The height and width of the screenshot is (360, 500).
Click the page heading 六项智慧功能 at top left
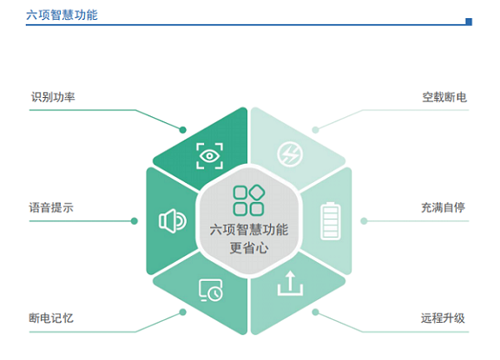(x=62, y=15)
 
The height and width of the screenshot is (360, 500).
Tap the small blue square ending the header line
(x=469, y=22)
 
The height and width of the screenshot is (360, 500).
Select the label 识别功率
(x=53, y=97)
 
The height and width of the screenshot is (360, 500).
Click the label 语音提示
(x=51, y=207)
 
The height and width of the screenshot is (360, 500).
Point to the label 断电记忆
(x=51, y=318)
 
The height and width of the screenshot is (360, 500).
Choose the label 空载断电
(x=444, y=97)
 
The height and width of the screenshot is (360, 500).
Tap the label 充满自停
(x=443, y=207)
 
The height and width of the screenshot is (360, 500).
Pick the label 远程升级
(x=443, y=318)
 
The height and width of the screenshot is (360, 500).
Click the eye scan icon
(x=209, y=156)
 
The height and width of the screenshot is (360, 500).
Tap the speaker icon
(x=173, y=221)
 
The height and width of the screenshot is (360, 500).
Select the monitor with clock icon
(x=210, y=291)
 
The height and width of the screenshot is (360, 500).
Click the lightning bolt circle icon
(x=290, y=154)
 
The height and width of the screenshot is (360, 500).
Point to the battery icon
(x=331, y=220)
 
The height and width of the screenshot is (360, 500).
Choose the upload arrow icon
(x=290, y=283)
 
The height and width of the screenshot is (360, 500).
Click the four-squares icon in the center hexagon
(x=249, y=200)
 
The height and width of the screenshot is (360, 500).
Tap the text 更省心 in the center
(x=249, y=248)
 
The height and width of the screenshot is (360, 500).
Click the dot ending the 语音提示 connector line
(x=135, y=221)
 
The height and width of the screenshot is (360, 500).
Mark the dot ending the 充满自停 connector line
(x=364, y=221)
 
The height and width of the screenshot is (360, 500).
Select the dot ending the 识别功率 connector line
(x=182, y=129)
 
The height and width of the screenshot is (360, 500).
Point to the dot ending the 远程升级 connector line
(x=315, y=312)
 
